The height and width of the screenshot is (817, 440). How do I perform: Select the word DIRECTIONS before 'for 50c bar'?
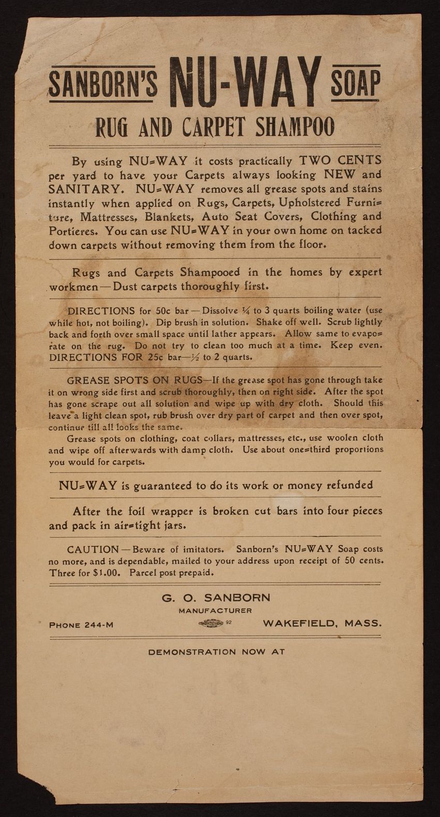(101, 311)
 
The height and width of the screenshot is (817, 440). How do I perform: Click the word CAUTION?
(93, 549)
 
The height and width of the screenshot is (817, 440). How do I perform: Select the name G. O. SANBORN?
(216, 597)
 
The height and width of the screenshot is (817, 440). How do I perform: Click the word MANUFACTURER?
(215, 611)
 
